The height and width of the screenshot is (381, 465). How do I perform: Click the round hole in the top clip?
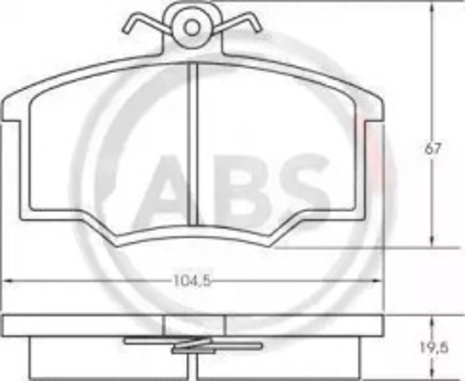tap(192, 26)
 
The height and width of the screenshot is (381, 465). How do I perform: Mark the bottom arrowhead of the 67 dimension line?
tap(432, 243)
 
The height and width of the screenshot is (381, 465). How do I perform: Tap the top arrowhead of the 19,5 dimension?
tap(432, 320)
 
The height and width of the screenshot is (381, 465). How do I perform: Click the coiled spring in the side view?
tap(192, 346)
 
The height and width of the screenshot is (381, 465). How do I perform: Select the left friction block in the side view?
tap(103, 357)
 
